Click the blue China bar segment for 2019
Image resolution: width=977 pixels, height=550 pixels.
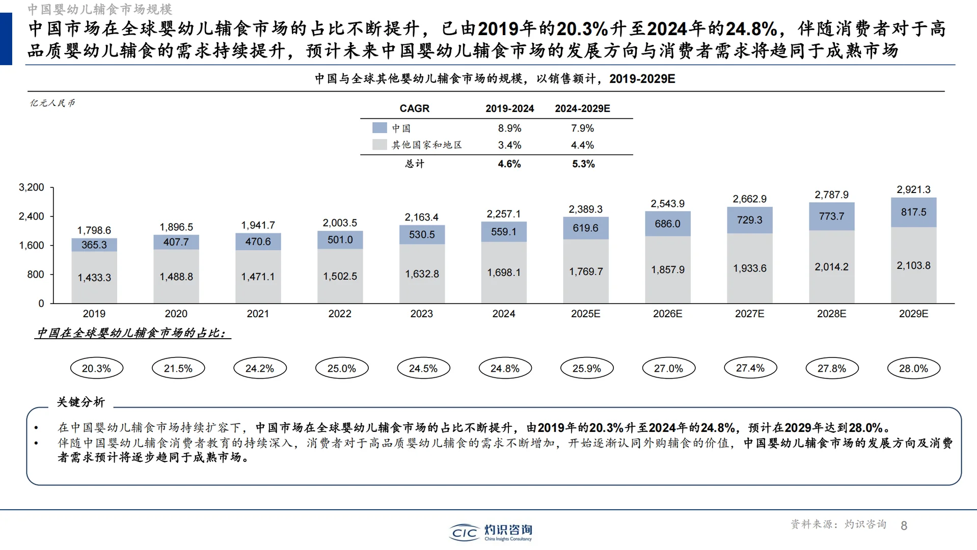[94, 245]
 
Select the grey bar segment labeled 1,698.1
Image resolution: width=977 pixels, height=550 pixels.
[504, 272]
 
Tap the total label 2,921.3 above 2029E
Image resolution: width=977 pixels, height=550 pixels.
[913, 189]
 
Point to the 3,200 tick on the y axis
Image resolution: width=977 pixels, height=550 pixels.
[32, 187]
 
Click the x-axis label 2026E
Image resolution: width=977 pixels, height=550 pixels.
[667, 314]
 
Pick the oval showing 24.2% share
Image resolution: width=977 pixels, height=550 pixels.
[260, 368]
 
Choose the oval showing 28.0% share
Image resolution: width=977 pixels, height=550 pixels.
[913, 368]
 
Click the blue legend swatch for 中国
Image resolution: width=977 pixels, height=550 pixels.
[379, 128]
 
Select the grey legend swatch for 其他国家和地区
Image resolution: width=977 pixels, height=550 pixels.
[379, 145]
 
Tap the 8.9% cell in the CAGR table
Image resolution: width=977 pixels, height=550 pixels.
[509, 128]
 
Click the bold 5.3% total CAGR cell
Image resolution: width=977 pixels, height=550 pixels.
[583, 164]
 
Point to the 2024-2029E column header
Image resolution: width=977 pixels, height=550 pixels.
[582, 108]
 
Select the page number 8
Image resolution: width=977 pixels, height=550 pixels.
[904, 526]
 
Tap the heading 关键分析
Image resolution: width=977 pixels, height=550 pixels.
[80, 402]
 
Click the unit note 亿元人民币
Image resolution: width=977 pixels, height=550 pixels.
[52, 103]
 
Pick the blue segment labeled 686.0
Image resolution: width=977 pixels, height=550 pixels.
[667, 224]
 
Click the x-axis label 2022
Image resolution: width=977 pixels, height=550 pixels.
[340, 314]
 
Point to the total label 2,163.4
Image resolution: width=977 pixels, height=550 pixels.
[421, 217]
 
